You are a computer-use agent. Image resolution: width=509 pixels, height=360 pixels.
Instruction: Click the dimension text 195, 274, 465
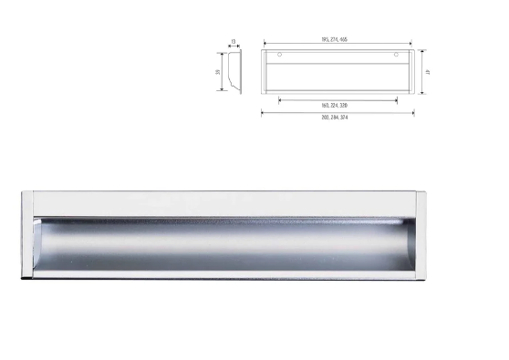(337, 42)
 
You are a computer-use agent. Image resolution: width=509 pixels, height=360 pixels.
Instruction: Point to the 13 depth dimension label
(234, 41)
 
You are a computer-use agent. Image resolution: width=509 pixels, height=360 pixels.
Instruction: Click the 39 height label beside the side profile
(218, 71)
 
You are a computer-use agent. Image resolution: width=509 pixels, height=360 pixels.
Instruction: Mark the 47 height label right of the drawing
(426, 71)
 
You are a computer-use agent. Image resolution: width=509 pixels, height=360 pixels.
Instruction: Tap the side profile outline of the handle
(235, 71)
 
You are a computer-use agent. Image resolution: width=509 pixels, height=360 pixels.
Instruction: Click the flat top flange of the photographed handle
(223, 203)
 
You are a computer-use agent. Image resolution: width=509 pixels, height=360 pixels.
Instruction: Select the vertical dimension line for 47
(420, 71)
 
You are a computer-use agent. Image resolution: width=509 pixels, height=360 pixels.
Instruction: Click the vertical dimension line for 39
(223, 71)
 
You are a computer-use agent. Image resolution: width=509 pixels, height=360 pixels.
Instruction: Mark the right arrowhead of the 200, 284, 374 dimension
(412, 113)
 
